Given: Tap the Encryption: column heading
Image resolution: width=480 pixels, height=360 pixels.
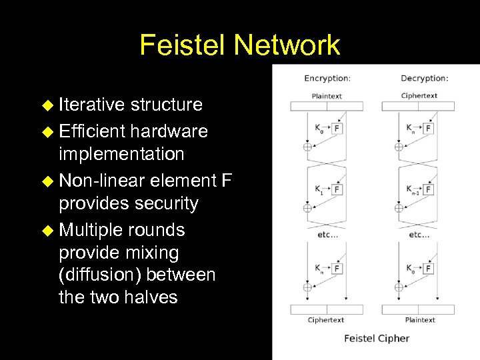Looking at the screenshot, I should click(x=327, y=79).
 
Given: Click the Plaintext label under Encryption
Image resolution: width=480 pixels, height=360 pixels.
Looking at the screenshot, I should click(x=327, y=96).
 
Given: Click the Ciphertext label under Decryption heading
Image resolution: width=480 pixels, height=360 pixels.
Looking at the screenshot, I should click(x=419, y=96).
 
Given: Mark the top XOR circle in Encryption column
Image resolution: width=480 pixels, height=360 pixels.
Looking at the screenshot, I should click(x=307, y=147).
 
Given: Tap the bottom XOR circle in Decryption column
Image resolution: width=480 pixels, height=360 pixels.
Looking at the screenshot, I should click(x=399, y=287).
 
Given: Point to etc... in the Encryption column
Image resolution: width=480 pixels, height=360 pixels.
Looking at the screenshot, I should click(x=327, y=235).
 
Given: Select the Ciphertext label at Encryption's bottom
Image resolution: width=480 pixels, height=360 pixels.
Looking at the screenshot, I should click(x=327, y=320).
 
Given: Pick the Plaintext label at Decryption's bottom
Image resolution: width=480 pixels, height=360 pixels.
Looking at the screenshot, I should click(x=420, y=320).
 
